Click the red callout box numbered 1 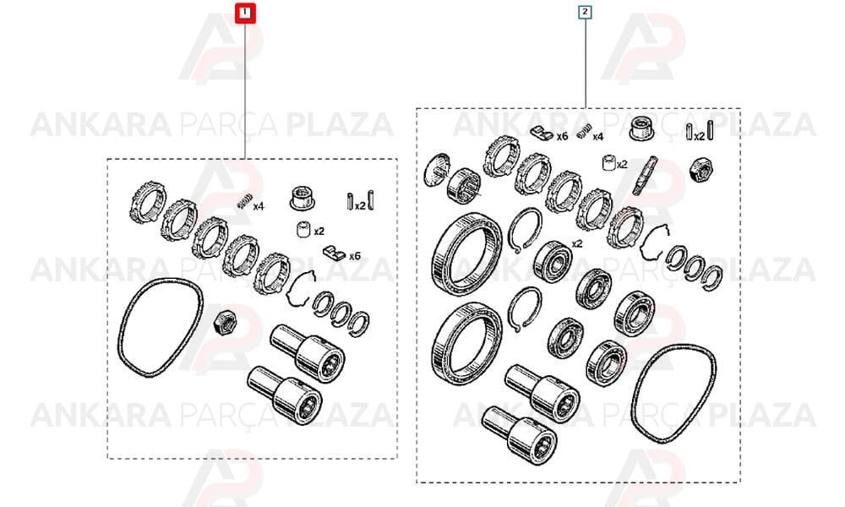[x=245, y=13]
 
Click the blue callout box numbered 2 [x=585, y=12]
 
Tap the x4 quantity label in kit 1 [x=259, y=206]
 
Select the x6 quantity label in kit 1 [x=355, y=256]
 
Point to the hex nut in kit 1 [x=222, y=322]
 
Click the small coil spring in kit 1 [x=243, y=201]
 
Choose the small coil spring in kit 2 [x=582, y=133]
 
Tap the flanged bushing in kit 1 [x=303, y=198]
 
